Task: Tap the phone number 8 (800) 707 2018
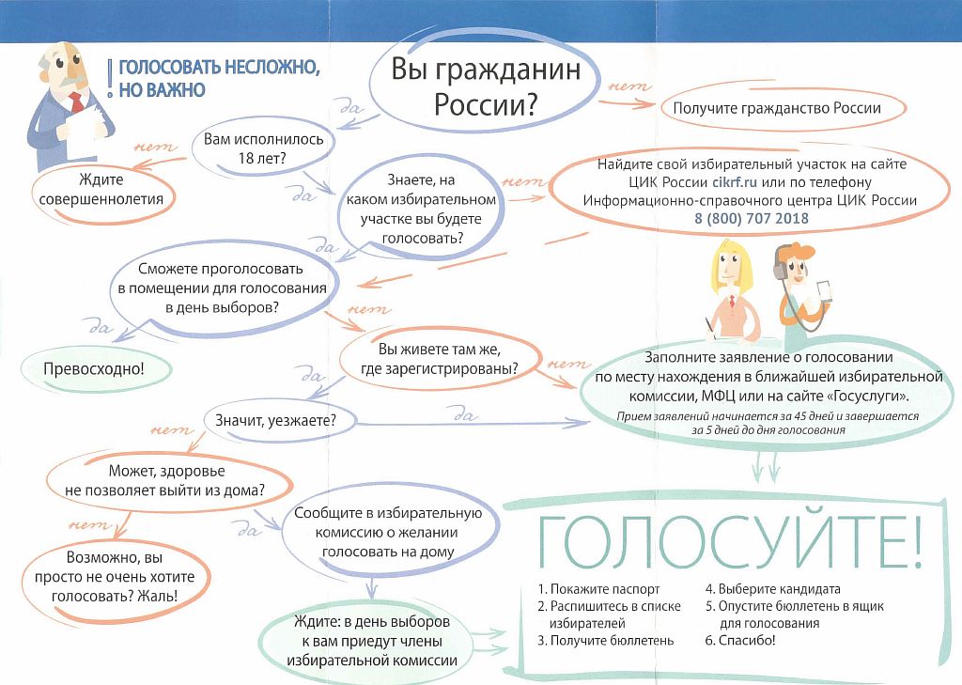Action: pos(752,218)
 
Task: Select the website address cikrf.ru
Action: pos(735,182)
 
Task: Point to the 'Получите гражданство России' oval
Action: pos(777,109)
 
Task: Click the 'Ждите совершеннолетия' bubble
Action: pos(103,190)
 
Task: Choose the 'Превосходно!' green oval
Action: pos(94,369)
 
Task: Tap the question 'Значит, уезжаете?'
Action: pos(275,420)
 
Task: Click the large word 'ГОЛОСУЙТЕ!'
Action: pos(730,541)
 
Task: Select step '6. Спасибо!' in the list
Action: pos(740,641)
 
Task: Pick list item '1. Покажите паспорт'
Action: pos(598,589)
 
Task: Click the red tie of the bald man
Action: pos(77,102)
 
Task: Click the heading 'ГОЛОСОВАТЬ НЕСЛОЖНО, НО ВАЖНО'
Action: pos(219,78)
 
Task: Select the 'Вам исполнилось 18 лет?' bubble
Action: pos(263,148)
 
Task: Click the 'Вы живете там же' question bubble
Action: pos(440,359)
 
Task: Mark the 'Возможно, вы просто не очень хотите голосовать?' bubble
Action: pos(115,577)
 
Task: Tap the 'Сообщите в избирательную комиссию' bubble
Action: pos(388,532)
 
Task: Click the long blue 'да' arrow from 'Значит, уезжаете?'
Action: pos(473,424)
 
